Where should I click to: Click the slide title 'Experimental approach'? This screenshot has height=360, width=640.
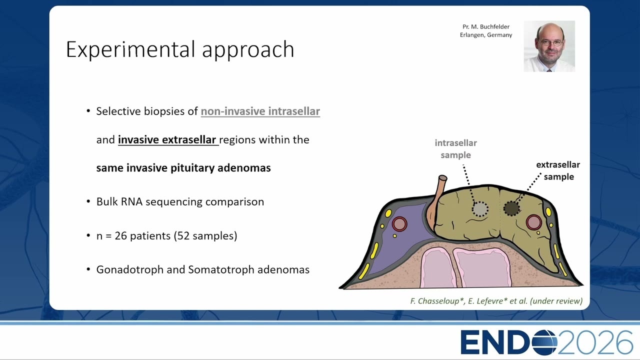[x=180, y=49]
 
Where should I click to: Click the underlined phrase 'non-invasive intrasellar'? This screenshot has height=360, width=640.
[x=260, y=111]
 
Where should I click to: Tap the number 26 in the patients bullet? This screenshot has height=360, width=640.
[x=121, y=235]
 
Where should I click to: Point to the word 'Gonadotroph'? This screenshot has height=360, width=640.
[x=129, y=269]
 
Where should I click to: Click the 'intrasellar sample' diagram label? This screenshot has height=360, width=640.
[x=455, y=149]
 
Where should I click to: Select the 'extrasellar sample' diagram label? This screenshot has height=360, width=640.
[x=558, y=170]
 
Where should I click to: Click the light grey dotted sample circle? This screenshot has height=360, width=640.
[x=480, y=209]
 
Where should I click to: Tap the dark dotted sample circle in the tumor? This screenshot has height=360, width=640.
[x=511, y=208]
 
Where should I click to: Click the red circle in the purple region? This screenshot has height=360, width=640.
[x=399, y=223]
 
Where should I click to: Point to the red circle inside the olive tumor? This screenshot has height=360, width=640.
[x=533, y=222]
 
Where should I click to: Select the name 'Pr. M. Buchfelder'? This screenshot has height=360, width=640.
[x=486, y=26]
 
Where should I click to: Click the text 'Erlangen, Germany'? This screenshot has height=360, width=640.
[x=486, y=35]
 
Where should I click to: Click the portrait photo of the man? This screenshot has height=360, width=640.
[x=549, y=46]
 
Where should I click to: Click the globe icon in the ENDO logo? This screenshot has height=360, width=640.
[x=544, y=342]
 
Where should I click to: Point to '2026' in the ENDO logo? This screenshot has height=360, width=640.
[x=595, y=342]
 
